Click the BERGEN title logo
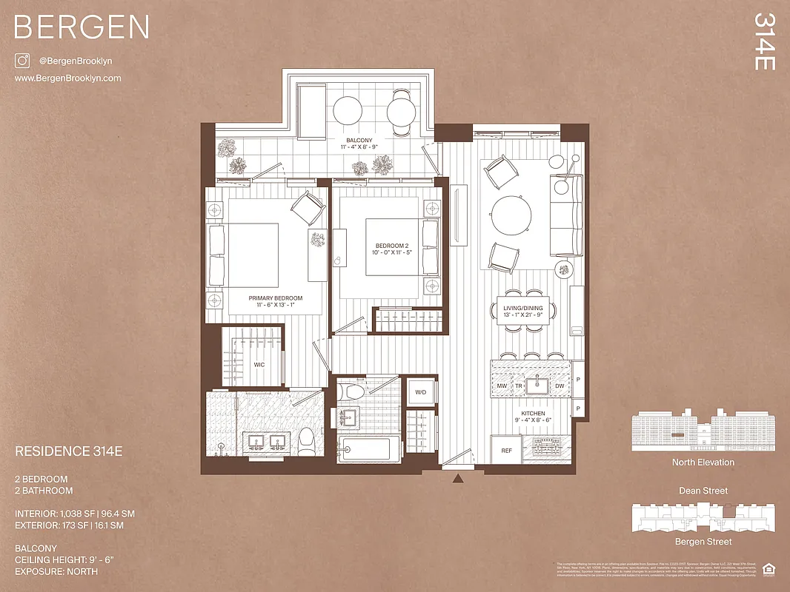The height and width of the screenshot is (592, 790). (82, 27)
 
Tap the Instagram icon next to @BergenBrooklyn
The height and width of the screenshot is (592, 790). (22, 61)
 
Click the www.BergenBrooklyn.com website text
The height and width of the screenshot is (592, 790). (67, 78)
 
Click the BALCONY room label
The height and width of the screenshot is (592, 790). (359, 141)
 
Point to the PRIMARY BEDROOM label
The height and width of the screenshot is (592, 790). (276, 298)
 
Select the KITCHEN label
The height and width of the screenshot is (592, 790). (533, 414)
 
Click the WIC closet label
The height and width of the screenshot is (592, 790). (259, 364)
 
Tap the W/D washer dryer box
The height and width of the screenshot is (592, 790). (419, 392)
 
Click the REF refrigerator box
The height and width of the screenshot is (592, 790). (507, 450)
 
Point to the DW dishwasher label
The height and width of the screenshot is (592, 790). (559, 386)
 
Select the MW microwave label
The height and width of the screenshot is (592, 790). (502, 386)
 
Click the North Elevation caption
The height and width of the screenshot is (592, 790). (703, 462)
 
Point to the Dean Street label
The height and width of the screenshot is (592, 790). (703, 491)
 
